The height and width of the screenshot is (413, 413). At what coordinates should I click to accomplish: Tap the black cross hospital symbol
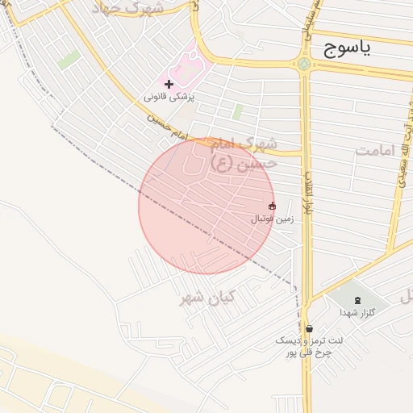coord(169,84)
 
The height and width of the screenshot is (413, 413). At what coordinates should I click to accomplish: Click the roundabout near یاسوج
coord(304,65)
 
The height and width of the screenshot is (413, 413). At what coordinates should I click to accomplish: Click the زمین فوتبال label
coord(272,219)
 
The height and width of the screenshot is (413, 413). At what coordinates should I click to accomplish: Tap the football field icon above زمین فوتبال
coord(272,206)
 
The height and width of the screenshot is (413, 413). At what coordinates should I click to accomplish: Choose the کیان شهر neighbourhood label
coord(206,298)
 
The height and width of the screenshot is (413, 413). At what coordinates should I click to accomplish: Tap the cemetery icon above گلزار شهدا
coord(357,301)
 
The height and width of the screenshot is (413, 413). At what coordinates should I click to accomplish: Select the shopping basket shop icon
coord(310,328)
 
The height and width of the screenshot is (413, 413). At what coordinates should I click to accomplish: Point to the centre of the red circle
coord(206,206)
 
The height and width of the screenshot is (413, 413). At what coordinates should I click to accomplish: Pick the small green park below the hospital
coord(237,112)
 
